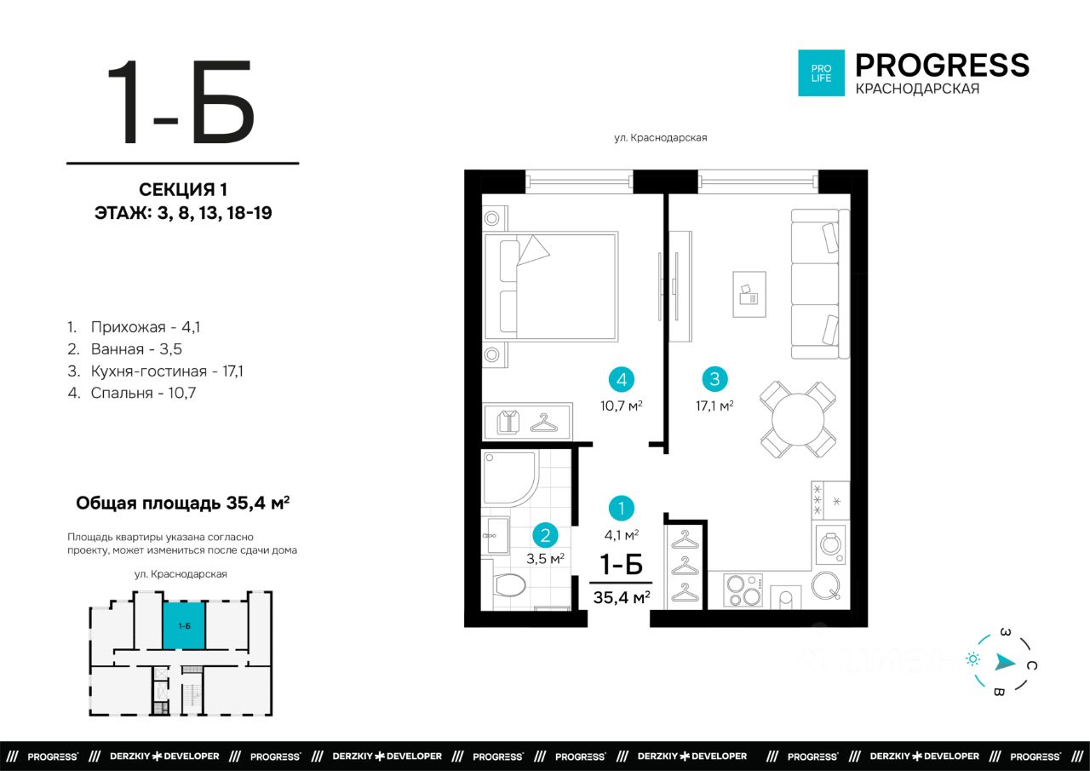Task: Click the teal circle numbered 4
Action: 622,379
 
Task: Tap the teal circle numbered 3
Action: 714,379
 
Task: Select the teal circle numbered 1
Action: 622,508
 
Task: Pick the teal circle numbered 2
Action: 545,535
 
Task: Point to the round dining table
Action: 798,419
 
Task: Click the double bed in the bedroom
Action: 551,286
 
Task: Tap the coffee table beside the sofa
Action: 749,295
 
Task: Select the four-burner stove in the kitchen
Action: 743,590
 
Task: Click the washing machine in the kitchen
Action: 830,544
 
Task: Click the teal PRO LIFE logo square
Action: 822,73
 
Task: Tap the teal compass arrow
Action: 1004,662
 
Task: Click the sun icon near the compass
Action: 972,659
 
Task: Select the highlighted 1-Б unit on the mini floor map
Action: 184,626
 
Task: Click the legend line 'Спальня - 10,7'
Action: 132,393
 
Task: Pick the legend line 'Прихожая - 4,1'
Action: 134,326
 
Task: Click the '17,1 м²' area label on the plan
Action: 714,406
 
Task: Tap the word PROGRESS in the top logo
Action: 942,66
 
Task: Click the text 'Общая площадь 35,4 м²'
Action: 183,503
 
